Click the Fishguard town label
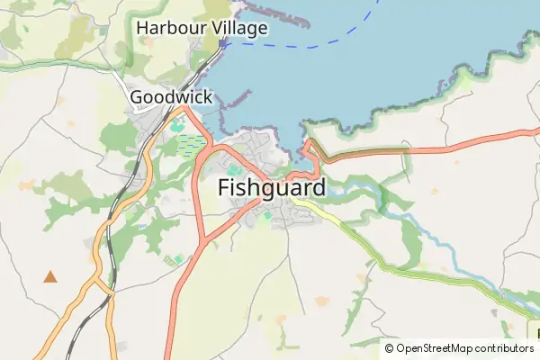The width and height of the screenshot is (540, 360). [x=271, y=189]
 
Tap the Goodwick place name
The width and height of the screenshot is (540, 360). [x=171, y=97]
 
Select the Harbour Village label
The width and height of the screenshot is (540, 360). [x=202, y=29]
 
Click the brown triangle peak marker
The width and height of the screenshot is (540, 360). [x=50, y=277]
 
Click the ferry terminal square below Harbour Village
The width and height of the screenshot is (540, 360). [x=223, y=41]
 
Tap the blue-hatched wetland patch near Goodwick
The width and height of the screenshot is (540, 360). [x=191, y=144]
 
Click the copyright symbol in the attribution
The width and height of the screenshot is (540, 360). [x=389, y=348]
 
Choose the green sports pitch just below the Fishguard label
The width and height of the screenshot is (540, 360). [x=266, y=215]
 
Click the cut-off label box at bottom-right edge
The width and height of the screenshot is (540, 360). [x=532, y=331]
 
